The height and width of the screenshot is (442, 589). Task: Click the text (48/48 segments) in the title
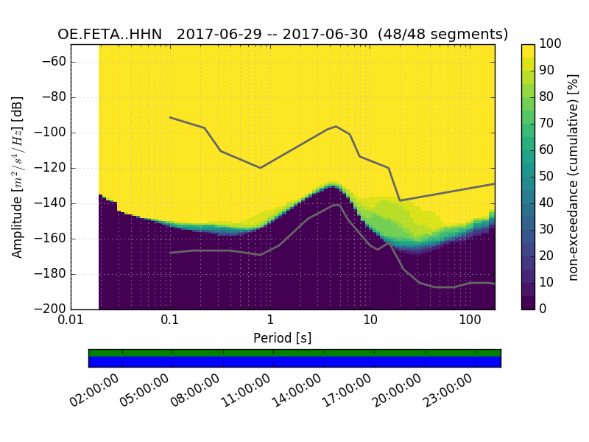pyautogui.click(x=443, y=35)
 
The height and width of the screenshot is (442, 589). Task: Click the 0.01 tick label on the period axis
pyautogui.click(x=71, y=321)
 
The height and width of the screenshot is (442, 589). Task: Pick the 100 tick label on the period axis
pyautogui.click(x=470, y=321)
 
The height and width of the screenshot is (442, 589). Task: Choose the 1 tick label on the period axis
pyautogui.click(x=270, y=321)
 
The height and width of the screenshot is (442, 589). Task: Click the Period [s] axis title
pyautogui.click(x=282, y=337)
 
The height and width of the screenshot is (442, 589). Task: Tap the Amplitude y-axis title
pyautogui.click(x=17, y=177)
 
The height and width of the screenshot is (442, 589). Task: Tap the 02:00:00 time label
pyautogui.click(x=94, y=390)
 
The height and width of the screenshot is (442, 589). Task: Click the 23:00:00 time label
pyautogui.click(x=447, y=390)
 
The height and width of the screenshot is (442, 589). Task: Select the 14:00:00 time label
pyautogui.click(x=296, y=390)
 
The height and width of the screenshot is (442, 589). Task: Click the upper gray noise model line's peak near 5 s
pyautogui.click(x=336, y=126)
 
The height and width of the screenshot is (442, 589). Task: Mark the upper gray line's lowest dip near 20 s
pyautogui.click(x=400, y=200)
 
